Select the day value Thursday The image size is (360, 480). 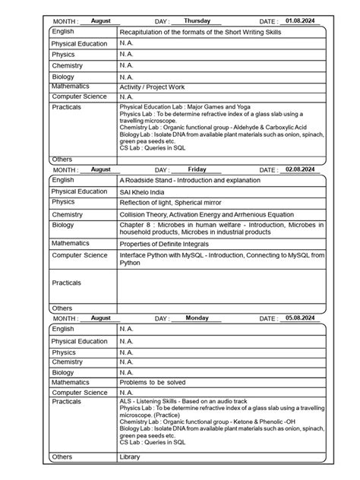point(197,21)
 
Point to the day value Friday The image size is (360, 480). point(197,169)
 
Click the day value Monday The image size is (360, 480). point(197,317)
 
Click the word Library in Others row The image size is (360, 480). point(130,457)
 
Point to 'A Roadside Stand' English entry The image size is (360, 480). point(189,180)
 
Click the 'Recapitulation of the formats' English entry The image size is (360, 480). point(216,32)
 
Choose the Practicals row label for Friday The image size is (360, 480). point(67,282)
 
